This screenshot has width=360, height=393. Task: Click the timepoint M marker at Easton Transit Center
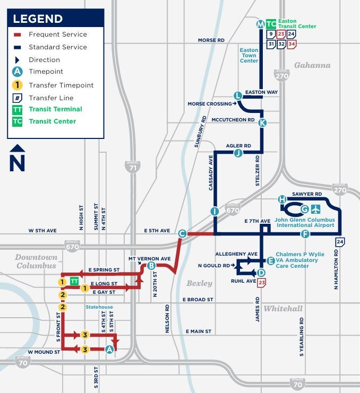tap(260, 24)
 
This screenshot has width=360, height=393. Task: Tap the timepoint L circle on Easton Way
tap(238, 95)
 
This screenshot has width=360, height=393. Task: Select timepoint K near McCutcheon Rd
tap(262, 123)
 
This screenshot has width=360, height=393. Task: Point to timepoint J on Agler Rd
tap(238, 153)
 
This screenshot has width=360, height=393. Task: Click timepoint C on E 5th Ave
tap(182, 233)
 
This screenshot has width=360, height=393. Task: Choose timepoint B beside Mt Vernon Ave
tap(151, 266)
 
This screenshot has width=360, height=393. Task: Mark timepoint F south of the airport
tap(305, 234)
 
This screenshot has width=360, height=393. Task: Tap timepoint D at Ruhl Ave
tap(261, 273)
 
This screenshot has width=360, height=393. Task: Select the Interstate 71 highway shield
tap(133, 167)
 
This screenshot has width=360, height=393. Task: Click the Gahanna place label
tap(312, 65)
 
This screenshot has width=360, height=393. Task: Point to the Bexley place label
tap(199, 283)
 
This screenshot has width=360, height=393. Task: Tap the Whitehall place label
tap(283, 309)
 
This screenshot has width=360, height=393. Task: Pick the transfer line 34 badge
tap(292, 45)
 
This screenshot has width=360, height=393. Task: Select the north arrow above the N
tap(18, 150)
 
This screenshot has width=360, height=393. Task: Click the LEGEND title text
tap(37, 19)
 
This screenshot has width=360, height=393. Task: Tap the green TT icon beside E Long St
tap(75, 281)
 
